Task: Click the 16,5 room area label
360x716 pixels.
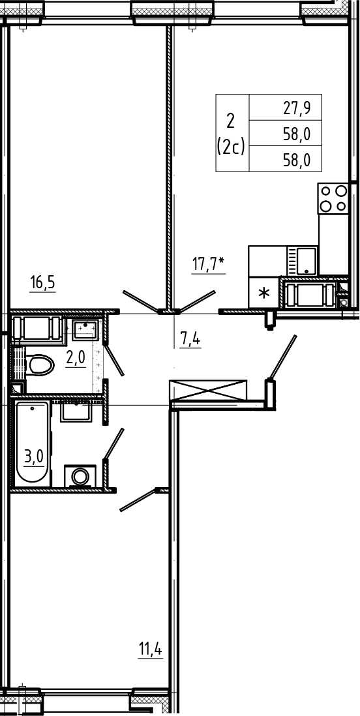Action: (x=42, y=283)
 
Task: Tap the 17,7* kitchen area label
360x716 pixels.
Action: (x=208, y=265)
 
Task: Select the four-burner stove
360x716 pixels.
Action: (x=333, y=198)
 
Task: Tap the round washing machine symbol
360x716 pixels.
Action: (x=80, y=476)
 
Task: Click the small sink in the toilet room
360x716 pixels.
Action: (x=85, y=330)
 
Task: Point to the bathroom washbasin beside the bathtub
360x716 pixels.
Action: (x=77, y=412)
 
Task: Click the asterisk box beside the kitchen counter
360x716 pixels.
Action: (x=263, y=292)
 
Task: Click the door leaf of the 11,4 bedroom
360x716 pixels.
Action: (x=138, y=500)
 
